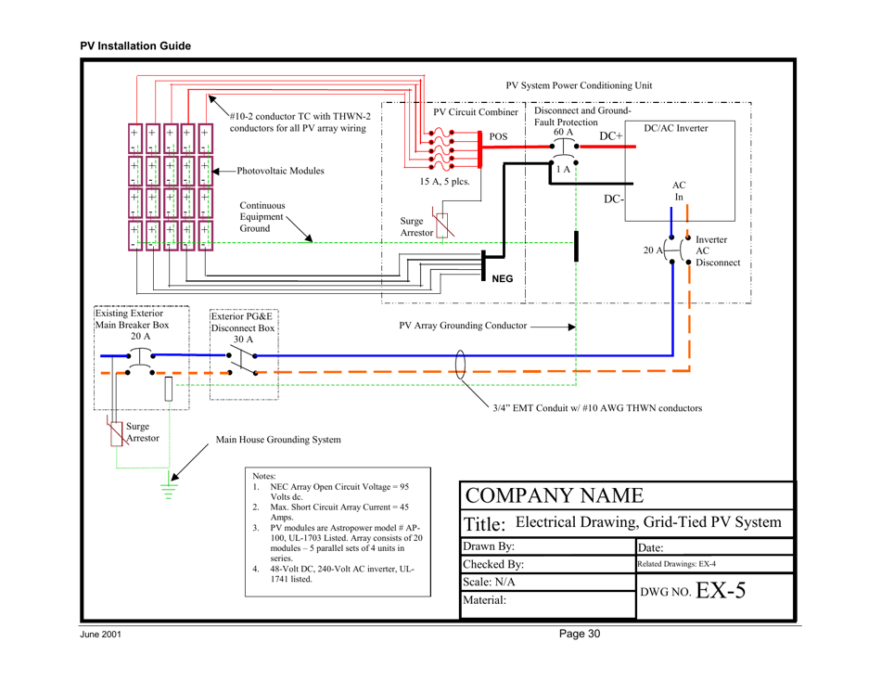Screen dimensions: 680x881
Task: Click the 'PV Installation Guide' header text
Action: click(135, 45)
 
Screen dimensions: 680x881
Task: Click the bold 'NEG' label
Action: click(503, 279)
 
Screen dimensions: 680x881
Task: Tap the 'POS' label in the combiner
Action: click(499, 136)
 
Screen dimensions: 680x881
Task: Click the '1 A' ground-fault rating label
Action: click(562, 169)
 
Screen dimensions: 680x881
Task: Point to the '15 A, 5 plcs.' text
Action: click(445, 182)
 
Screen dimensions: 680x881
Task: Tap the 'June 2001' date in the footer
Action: click(101, 635)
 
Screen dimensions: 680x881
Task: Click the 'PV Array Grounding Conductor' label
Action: click(463, 326)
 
